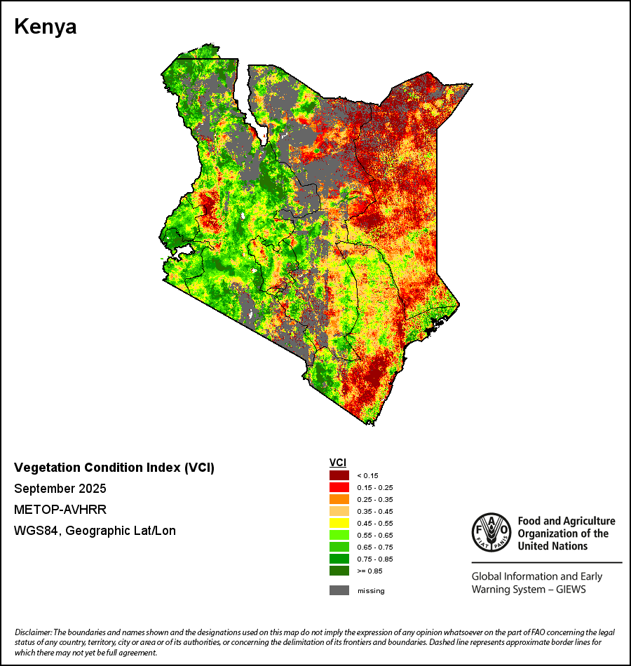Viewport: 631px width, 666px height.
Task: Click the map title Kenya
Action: click(x=46, y=27)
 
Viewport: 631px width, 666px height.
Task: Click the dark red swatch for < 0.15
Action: click(x=339, y=475)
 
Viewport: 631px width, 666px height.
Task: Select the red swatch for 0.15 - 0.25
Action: click(x=339, y=487)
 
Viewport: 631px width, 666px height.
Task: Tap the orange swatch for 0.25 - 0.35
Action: click(x=339, y=499)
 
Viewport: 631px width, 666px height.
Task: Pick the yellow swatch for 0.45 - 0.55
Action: click(x=339, y=523)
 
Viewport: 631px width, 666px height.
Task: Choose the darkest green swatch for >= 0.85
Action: click(x=339, y=571)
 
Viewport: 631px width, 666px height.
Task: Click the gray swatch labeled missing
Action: click(x=339, y=590)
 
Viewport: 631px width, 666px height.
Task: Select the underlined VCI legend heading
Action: click(x=338, y=463)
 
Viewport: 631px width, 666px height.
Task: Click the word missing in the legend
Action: click(x=371, y=590)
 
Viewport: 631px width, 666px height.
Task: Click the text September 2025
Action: click(x=60, y=489)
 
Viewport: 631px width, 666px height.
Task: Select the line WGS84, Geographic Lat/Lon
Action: click(x=95, y=531)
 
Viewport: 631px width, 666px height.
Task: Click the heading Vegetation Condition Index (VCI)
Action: click(x=114, y=468)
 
